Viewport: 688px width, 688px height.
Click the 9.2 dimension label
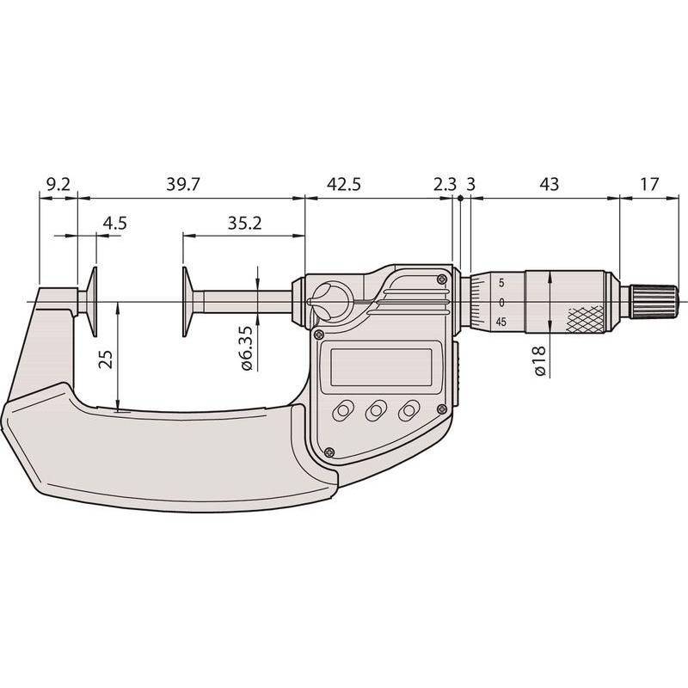click(58, 184)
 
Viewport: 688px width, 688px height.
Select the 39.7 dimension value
click(183, 184)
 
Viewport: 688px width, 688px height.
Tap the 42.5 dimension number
click(344, 184)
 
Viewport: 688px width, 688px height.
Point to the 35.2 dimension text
click(244, 224)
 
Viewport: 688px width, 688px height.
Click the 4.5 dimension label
click(115, 224)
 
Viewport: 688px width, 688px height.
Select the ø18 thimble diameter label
click(540, 360)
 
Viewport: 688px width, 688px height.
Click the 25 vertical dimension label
click(107, 359)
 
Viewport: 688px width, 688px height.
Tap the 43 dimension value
click(549, 184)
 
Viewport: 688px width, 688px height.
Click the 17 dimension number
click(650, 184)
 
